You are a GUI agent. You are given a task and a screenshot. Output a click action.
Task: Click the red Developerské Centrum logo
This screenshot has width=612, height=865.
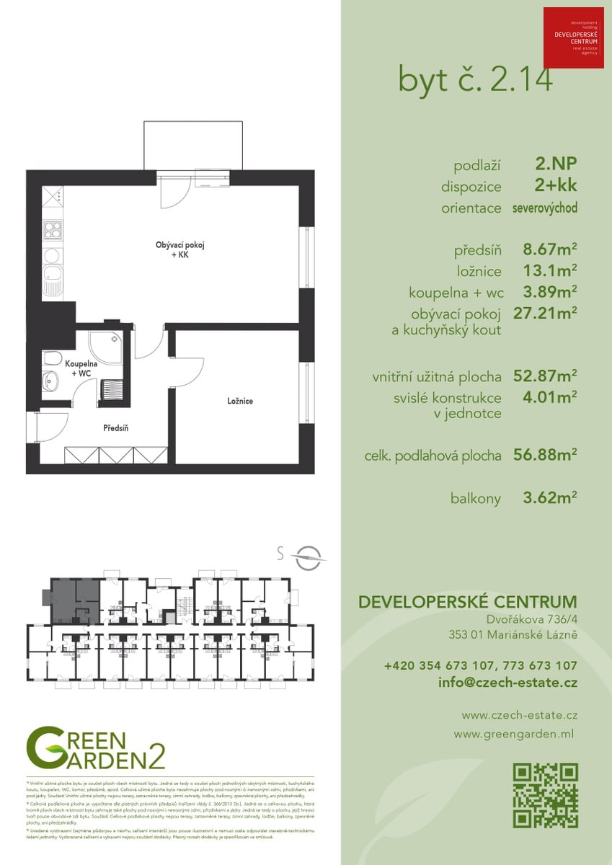[x=574, y=37]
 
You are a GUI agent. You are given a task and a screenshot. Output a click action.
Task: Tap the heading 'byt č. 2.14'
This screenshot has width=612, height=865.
[x=476, y=79]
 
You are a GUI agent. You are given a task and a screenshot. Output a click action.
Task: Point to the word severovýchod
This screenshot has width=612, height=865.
[x=544, y=208]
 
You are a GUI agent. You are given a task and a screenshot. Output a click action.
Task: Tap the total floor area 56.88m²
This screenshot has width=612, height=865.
[x=546, y=455]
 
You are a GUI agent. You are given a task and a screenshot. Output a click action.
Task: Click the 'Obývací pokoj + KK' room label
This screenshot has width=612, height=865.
[x=180, y=249]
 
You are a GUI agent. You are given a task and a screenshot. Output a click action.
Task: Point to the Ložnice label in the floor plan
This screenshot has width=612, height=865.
[x=240, y=401]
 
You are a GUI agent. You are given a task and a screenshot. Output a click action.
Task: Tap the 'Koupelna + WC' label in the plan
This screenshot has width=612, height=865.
[x=78, y=369]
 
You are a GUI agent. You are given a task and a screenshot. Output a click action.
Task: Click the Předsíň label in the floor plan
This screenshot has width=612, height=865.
[x=116, y=428]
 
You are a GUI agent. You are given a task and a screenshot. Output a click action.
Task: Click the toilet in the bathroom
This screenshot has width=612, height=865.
[x=52, y=358]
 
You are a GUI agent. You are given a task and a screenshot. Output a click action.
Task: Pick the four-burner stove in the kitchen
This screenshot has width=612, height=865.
[x=53, y=230]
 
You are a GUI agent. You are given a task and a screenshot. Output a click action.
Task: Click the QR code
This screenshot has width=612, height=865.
[x=546, y=796]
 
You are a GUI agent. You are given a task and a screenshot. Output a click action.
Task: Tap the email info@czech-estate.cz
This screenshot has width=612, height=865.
[x=507, y=683]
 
